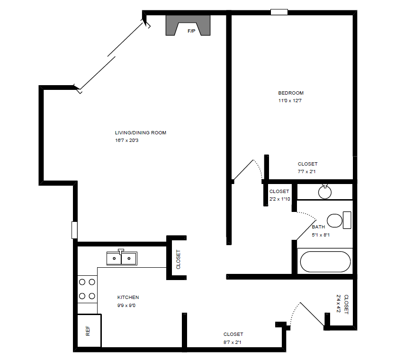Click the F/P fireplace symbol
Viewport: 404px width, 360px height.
pos(188,25)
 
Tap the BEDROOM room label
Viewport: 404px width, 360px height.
pos(291,93)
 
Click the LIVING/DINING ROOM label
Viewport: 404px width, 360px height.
pos(140,133)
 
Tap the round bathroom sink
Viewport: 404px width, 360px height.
pos(325,192)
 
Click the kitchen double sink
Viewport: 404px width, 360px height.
pos(122,258)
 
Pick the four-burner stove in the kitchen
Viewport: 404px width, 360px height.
pos(87,289)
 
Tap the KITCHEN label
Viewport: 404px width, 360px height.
pos(128,298)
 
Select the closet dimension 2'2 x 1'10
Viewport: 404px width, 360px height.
pos(279,199)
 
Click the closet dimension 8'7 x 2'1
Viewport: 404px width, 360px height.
pos(233,342)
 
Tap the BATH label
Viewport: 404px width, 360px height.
pos(318,227)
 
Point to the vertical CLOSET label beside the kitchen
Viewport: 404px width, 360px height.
pos(179,260)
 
